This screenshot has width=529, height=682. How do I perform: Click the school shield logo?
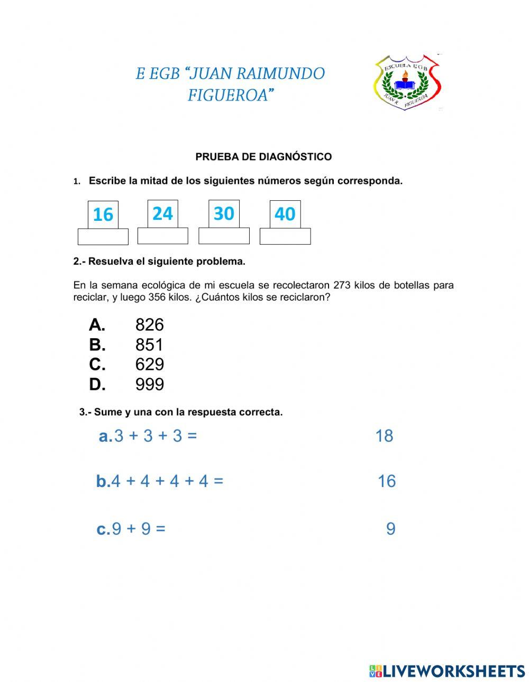pos(407,81)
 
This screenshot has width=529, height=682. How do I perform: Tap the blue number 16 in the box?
pos(103,214)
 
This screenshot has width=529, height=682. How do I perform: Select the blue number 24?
pos(162,213)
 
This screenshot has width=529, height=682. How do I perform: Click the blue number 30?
pos(224,213)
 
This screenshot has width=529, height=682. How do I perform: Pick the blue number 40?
pos(285,214)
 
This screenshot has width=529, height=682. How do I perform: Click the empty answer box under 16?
pos(103,237)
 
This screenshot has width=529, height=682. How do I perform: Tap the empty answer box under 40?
pos(285,236)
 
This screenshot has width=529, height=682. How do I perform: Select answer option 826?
pos(149,324)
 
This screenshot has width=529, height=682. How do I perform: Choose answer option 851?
pos(149,344)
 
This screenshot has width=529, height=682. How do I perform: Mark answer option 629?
pos(149,365)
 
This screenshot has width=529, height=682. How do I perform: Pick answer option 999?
pos(149,385)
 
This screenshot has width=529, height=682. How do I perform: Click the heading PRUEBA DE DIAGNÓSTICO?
pos(263,157)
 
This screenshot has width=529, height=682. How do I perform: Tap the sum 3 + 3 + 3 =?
pos(155,436)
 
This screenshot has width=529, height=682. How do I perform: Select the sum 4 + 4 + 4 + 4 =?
pos(167,481)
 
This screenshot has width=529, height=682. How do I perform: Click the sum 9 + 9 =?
pos(138,529)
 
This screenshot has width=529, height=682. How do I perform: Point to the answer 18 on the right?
pos(384,436)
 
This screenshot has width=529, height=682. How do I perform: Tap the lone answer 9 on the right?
pos(390,529)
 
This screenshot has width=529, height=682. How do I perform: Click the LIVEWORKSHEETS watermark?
pos(447,671)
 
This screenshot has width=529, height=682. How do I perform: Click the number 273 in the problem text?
pos(342,285)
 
